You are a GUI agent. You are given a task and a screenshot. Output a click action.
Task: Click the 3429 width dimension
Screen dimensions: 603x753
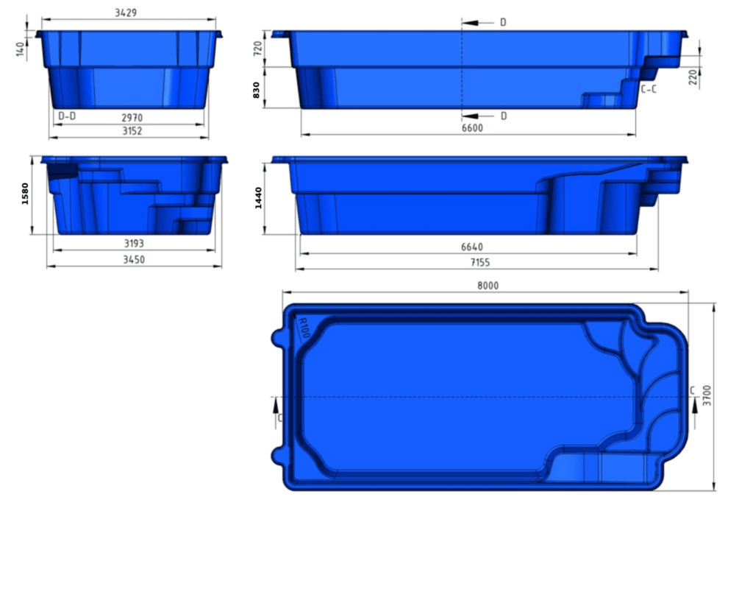coord(126,13)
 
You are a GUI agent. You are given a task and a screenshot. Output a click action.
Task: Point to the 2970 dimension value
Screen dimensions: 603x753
coord(132,117)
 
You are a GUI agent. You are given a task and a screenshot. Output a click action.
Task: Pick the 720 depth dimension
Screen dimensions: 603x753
coord(258,49)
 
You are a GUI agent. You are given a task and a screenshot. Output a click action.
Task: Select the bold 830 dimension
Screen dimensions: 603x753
coord(257,89)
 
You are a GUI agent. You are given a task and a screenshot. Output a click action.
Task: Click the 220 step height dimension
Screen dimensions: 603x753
coord(693,77)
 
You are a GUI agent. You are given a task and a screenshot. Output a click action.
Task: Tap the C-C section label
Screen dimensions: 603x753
coord(649,90)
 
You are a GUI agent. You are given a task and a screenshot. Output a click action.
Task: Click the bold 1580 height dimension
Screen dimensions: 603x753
coord(26,194)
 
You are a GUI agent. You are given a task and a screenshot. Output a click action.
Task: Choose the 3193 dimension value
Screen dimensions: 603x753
coord(132,243)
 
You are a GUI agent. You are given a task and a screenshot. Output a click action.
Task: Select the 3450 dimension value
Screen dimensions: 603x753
coord(132,259)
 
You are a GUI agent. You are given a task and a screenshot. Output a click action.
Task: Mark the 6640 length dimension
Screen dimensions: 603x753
coord(471,247)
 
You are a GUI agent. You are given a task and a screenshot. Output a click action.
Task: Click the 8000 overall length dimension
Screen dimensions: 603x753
coord(487,286)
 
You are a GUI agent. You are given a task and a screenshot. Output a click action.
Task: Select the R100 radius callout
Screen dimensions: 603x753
coord(304,328)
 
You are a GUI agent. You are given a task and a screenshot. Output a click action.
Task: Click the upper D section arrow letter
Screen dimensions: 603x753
coord(503,23)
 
